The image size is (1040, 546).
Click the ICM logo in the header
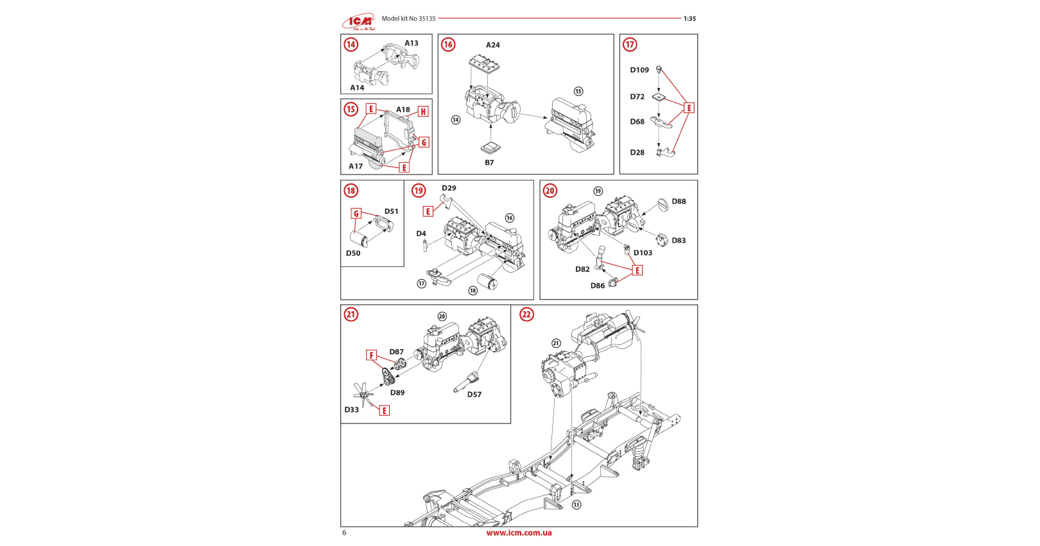pyautogui.click(x=359, y=22)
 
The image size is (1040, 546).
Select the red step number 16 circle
pyautogui.click(x=448, y=44)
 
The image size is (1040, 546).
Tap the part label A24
pyautogui.click(x=492, y=45)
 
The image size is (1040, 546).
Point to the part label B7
pyautogui.click(x=489, y=162)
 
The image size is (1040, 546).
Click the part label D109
pyautogui.click(x=639, y=70)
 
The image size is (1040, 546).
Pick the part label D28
pyautogui.click(x=637, y=152)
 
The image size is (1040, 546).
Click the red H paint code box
pyautogui.click(x=423, y=112)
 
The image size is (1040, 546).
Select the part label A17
pyautogui.click(x=356, y=166)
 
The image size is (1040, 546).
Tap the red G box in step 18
pyautogui.click(x=356, y=214)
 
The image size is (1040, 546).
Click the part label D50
pyautogui.click(x=353, y=253)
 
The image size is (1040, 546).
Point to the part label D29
pyautogui.click(x=449, y=188)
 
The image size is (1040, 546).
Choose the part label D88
pyautogui.click(x=679, y=201)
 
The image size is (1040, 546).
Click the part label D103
pyautogui.click(x=643, y=253)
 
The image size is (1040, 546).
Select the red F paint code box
pyautogui.click(x=371, y=355)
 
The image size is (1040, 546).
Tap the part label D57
pyautogui.click(x=474, y=395)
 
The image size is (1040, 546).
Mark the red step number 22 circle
pyautogui.click(x=526, y=314)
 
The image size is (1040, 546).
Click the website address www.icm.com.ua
pyautogui.click(x=519, y=533)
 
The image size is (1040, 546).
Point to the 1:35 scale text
pyautogui.click(x=689, y=19)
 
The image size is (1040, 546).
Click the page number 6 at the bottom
pyautogui.click(x=344, y=533)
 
